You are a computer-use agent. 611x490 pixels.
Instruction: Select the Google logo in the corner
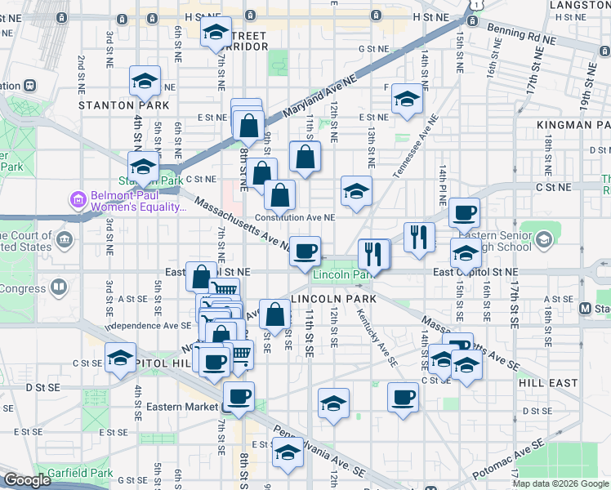click(27, 480)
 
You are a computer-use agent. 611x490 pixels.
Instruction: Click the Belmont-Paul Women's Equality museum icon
click(78, 199)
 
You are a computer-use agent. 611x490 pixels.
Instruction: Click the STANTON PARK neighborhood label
click(123, 105)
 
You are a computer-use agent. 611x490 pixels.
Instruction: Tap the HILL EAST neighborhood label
click(544, 381)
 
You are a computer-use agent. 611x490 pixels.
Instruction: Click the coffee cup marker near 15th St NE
click(464, 214)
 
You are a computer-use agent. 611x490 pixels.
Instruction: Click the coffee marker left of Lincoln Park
click(305, 251)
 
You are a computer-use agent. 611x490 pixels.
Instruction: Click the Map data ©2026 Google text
click(560, 483)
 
